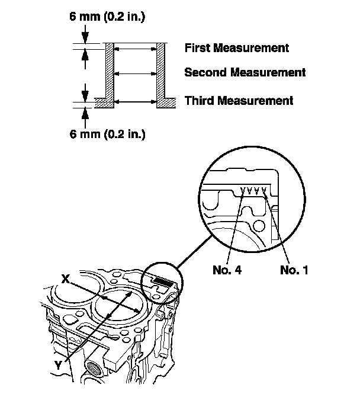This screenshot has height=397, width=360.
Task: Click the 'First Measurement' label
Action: pyautogui.click(x=236, y=47)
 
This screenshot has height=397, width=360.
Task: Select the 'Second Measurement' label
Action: pyautogui.click(x=245, y=73)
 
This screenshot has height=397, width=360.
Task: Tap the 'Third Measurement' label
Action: pyautogui.click(x=239, y=101)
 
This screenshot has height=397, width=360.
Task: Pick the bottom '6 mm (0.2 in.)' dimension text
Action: pyautogui.click(x=107, y=134)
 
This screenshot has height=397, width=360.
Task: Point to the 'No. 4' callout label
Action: pyautogui.click(x=227, y=270)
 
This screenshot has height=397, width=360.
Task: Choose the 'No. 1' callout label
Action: pyautogui.click(x=294, y=270)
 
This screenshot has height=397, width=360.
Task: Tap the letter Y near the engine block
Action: pyautogui.click(x=59, y=366)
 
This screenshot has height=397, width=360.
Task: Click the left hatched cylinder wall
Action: pyautogui.click(x=109, y=71)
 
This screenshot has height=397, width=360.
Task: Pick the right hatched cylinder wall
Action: pyautogui.click(x=161, y=71)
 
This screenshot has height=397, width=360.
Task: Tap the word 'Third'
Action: pyautogui.click(x=198, y=101)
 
